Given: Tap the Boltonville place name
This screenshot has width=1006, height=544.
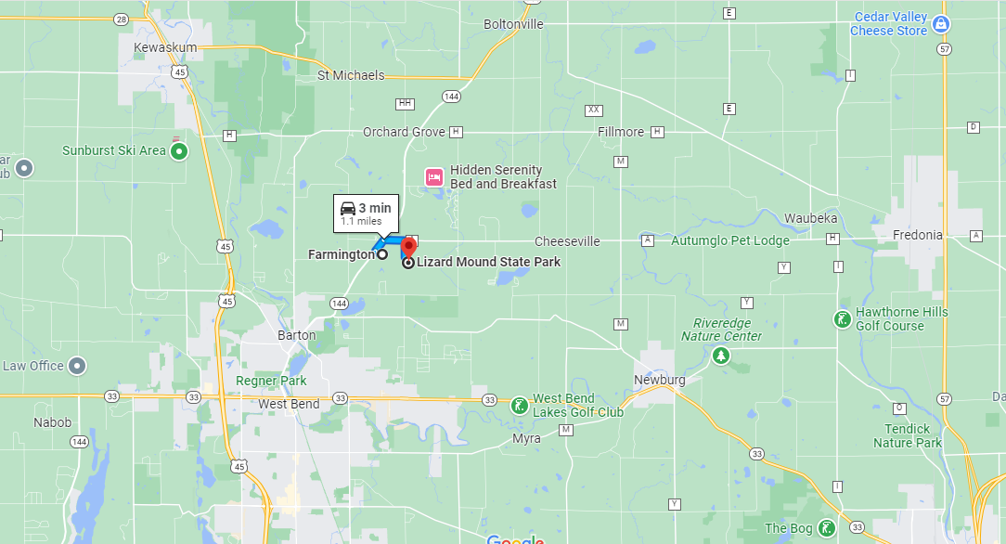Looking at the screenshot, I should click(x=513, y=24).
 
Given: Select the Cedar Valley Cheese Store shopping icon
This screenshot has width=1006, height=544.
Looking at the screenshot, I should click(x=941, y=24).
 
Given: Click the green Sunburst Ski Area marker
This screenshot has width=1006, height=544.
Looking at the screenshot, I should click(x=180, y=150).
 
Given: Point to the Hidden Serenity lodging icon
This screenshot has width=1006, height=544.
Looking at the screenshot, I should click(x=432, y=176).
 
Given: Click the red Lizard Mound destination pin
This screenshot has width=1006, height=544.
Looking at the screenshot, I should click(x=407, y=249).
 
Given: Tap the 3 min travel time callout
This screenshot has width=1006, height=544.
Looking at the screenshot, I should click(x=366, y=213).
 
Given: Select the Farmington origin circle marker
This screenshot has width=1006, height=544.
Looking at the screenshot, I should click(x=382, y=254).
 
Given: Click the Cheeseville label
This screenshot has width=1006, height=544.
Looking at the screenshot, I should click(x=567, y=241).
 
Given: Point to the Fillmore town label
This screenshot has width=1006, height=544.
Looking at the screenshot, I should click(x=621, y=132).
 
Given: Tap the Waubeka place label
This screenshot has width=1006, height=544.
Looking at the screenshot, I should click(x=811, y=218).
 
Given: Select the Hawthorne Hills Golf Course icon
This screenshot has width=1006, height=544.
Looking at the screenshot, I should click(x=841, y=319).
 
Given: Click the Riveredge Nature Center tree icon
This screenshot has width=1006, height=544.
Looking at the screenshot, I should click(x=720, y=355).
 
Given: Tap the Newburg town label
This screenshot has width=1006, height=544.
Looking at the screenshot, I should click(x=659, y=381).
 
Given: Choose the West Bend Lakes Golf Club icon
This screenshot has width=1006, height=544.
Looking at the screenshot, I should click(x=519, y=405).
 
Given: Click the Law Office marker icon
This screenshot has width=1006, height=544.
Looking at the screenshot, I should click(x=78, y=366).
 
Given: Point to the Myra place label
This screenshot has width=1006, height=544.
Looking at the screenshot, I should click(x=526, y=438).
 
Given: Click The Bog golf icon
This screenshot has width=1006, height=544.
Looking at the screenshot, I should click(x=826, y=529).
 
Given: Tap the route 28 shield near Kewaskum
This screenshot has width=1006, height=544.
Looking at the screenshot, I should click(x=121, y=19).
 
